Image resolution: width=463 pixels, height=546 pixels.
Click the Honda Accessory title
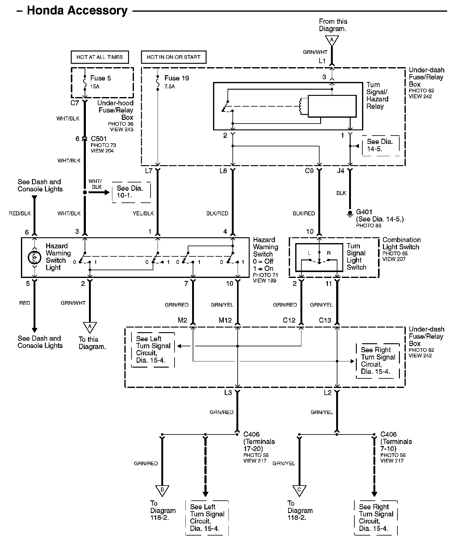click(77, 11)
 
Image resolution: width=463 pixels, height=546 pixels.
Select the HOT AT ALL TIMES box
click(100, 57)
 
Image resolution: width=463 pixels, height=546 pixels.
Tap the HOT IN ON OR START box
click(174, 57)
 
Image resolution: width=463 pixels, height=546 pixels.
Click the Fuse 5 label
click(100, 78)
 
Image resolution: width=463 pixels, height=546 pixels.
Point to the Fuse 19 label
click(176, 78)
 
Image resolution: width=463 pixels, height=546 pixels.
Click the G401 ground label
click(364, 212)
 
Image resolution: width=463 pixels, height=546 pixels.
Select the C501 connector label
click(99, 139)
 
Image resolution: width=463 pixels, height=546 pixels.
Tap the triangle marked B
click(162, 491)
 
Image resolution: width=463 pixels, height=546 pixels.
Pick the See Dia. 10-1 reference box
click(131, 192)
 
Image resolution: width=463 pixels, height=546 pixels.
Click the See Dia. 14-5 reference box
click(381, 145)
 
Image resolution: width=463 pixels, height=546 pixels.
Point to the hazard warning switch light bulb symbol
click(34, 257)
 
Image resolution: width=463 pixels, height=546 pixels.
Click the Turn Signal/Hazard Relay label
click(377, 96)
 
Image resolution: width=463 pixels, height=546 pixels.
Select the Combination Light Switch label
click(401, 243)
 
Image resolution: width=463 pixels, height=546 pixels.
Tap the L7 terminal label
click(149, 171)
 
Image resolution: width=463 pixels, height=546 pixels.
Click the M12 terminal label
click(225, 320)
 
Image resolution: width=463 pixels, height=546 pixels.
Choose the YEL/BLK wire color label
click(143, 213)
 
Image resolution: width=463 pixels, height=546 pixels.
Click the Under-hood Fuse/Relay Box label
click(115, 110)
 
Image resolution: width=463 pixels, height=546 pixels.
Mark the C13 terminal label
click(325, 320)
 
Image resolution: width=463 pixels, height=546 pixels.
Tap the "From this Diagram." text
click(333, 25)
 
